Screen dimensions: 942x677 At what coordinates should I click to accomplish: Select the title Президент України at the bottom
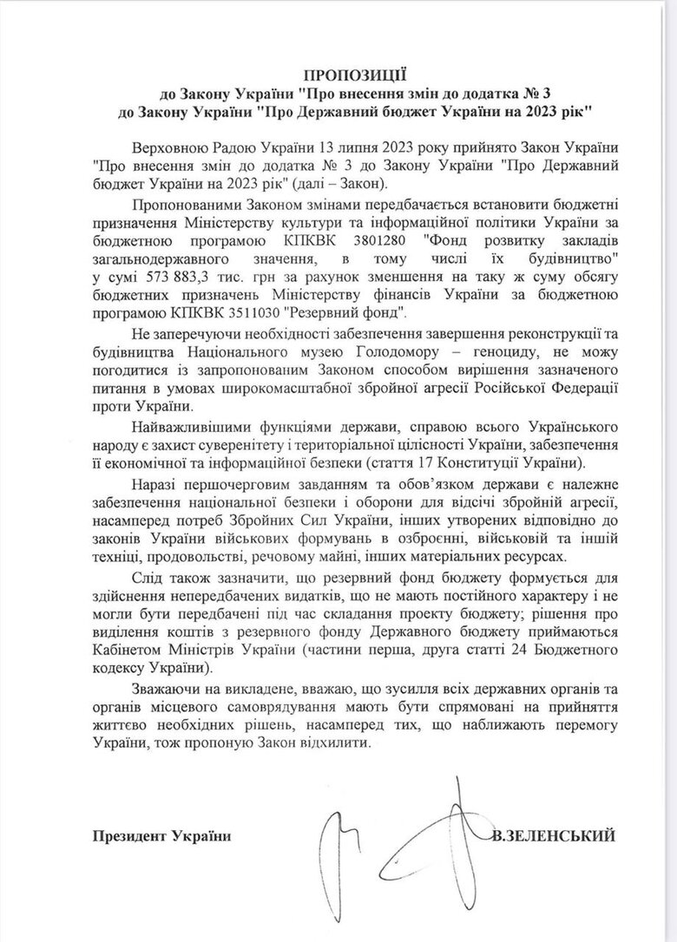pyautogui.click(x=161, y=835)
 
